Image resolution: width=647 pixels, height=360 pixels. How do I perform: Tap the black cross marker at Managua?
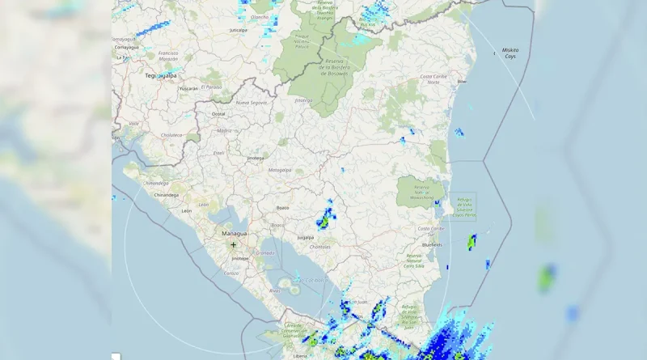point(234,244)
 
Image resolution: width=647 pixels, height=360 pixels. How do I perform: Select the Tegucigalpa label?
point(160,75)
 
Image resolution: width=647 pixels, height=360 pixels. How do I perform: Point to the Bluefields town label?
point(432,244)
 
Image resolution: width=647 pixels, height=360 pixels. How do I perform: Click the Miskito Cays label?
point(510,53)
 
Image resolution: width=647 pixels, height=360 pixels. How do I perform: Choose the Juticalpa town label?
point(238,30)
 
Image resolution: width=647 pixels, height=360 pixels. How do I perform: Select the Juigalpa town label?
point(305,237)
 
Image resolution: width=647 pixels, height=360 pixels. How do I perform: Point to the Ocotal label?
point(218,114)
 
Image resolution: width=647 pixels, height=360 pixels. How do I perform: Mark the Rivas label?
point(274,290)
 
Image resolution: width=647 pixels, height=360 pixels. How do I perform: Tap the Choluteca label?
point(171,135)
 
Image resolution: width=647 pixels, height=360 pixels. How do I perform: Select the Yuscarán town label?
point(188,88)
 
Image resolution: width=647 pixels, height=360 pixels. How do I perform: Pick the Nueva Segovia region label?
point(251,103)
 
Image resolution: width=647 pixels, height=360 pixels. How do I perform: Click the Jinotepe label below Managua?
point(240,258)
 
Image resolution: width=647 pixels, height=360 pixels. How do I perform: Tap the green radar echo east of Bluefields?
point(472,240)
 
